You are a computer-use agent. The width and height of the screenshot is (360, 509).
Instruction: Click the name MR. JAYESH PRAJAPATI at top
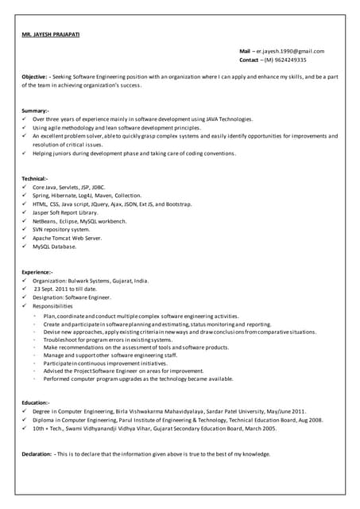[x=51, y=34]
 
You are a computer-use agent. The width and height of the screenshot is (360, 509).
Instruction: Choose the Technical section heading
[x=35, y=178]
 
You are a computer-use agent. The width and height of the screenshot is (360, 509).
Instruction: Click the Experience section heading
[x=37, y=272]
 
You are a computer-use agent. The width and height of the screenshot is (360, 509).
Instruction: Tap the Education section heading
[x=36, y=402]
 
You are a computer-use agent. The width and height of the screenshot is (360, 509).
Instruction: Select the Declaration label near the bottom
[x=37, y=453]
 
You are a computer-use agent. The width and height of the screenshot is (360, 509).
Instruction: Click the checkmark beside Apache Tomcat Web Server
[x=25, y=238]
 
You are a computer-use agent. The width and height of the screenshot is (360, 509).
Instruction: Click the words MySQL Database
[x=55, y=247]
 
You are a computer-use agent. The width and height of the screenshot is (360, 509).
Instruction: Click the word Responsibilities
[x=52, y=306]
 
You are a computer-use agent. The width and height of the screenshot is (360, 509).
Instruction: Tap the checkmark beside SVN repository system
[x=25, y=229]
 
